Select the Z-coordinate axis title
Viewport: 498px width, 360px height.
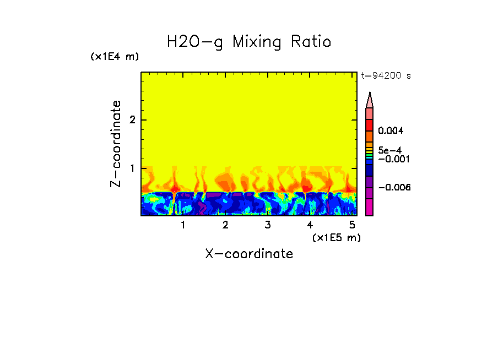116,144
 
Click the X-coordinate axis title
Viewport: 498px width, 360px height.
249,254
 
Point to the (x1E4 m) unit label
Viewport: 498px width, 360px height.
115,57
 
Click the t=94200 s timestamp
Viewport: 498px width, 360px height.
386,76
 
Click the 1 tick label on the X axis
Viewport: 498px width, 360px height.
183,225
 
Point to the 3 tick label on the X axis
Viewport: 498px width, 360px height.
267,225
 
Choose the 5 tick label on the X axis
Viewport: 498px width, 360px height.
351,225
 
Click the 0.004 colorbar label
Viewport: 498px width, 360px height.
391,131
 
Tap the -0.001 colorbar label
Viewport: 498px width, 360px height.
392,159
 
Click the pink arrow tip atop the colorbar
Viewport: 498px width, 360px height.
370,100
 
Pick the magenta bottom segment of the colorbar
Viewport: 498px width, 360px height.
370,208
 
